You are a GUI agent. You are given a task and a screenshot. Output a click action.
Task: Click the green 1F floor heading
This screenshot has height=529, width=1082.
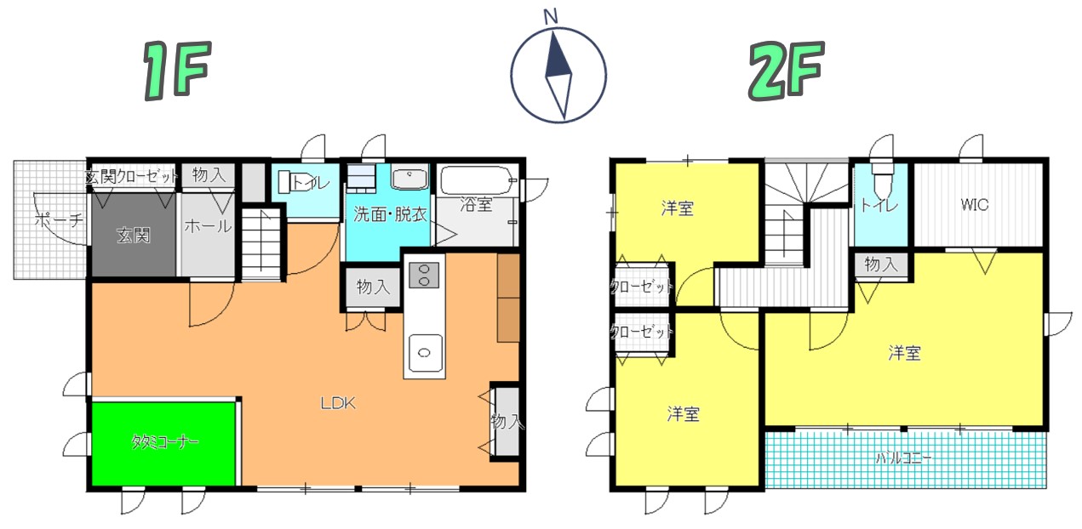click(177, 71)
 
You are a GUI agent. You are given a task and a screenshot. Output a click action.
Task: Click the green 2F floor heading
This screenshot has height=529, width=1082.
click(787, 71)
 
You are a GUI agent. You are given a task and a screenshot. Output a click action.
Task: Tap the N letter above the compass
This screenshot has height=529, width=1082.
click(551, 17)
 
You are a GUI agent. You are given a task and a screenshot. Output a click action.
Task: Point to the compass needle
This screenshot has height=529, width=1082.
click(558, 75)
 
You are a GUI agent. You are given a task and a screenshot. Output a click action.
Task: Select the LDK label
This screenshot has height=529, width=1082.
click(338, 403)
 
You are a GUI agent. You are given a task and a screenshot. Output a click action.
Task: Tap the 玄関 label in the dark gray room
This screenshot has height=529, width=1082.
click(134, 235)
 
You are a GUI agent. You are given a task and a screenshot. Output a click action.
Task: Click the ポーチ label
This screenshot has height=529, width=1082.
click(59, 220)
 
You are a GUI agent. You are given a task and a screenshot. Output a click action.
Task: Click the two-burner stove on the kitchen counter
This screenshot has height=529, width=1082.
click(424, 275)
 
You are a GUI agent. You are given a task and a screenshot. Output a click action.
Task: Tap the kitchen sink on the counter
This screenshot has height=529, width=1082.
click(425, 353)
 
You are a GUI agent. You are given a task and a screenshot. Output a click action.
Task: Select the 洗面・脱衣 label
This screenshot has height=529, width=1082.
click(390, 213)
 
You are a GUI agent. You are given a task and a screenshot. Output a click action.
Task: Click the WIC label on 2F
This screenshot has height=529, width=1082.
click(974, 205)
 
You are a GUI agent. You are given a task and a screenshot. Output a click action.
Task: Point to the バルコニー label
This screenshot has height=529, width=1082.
click(904, 458)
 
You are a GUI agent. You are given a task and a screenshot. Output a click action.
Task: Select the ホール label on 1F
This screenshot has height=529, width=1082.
click(209, 226)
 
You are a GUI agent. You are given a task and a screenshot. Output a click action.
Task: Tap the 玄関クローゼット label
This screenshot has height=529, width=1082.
click(132, 176)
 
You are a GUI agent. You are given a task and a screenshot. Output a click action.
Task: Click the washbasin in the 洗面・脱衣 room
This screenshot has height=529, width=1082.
click(409, 177)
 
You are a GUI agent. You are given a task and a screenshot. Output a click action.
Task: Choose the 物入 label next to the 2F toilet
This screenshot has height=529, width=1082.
click(881, 264)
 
